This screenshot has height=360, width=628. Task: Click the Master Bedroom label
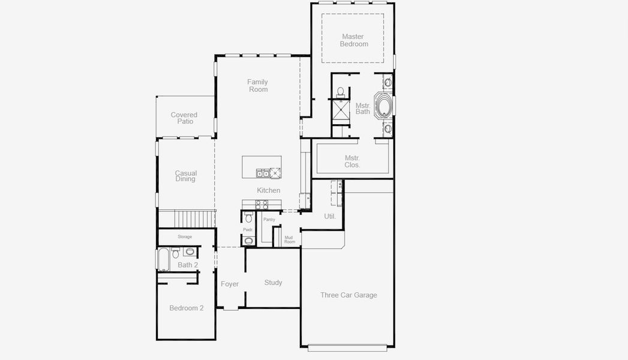354,40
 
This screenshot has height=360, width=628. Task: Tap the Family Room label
257,85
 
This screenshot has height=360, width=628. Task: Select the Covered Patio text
184,118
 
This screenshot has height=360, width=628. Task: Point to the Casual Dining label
185,176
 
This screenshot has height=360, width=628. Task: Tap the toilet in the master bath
341,92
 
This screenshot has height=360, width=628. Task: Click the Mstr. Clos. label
353,161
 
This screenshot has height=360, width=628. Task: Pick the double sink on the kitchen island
263,173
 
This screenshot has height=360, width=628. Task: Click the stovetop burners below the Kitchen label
262,205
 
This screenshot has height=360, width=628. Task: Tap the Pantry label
269,220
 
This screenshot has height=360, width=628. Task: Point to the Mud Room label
290,239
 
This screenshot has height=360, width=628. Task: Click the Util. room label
330,216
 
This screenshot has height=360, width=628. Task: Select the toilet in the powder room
248,217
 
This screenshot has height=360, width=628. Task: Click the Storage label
185,236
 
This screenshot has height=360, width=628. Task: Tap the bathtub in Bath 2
163,259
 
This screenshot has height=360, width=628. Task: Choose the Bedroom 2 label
186,308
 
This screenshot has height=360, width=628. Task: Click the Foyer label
230,284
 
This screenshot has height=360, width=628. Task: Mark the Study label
273,283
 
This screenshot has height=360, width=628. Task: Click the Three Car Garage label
348,295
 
